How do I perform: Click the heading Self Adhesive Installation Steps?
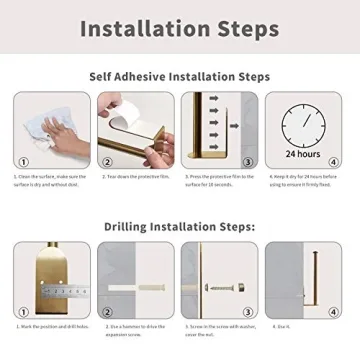179,76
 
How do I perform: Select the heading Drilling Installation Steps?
179,227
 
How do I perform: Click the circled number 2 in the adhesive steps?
107,161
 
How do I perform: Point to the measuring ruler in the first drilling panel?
45,289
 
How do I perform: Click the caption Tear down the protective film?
135,176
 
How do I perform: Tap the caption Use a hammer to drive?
135,327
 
